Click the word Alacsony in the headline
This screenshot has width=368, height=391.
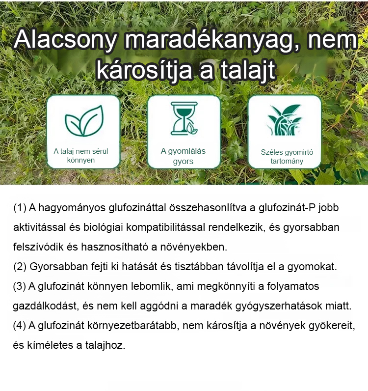pos(65,40)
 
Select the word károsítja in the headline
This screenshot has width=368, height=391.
pos(144,69)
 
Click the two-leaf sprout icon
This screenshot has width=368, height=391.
pos(84,121)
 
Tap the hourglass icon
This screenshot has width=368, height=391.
pos(184,118)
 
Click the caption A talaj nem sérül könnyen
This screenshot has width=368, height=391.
pos(81,156)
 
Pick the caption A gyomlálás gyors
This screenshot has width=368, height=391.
pos(183,156)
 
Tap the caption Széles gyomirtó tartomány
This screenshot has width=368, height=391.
pos(287,157)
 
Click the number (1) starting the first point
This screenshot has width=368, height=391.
pos(20,208)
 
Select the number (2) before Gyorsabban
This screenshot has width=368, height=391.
pos(20,267)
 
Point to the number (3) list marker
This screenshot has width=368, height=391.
pos(20,286)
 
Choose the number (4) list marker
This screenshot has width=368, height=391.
pos(20,326)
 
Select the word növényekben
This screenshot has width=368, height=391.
pos(194,247)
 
